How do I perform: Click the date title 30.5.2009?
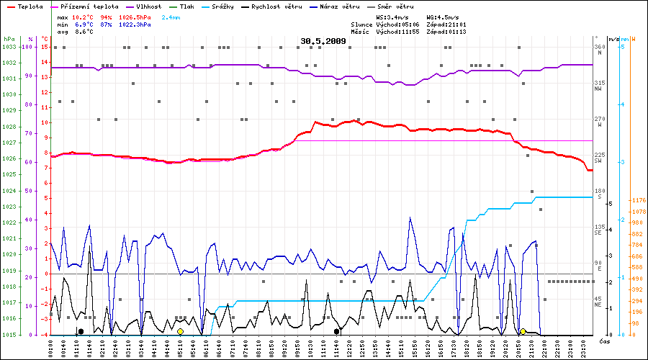tap(323, 41)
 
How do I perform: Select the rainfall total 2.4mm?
tap(171, 16)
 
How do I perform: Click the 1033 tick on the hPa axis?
tap(9, 47)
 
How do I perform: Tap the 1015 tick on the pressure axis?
tap(9, 335)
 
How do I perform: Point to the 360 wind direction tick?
tap(599, 47)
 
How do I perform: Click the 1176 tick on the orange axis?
tap(637, 200)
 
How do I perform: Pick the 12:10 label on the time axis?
tap(349, 347)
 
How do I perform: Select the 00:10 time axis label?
tap(51, 347)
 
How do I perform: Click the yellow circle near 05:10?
tap(180, 331)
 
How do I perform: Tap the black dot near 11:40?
tap(337, 331)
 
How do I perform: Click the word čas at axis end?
tap(603, 341)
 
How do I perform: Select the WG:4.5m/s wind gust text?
tap(441, 16)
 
